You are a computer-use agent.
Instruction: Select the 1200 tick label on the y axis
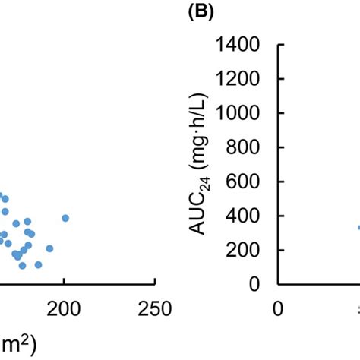click(x=239, y=79)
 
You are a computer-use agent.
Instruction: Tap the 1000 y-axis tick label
click(x=239, y=113)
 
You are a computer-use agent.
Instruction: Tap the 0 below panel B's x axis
click(x=279, y=309)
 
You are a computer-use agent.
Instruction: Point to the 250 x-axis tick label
click(x=155, y=309)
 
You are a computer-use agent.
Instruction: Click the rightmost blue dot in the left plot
click(x=65, y=218)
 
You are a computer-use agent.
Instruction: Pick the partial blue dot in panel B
click(x=358, y=227)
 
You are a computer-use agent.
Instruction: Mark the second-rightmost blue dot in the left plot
click(x=49, y=248)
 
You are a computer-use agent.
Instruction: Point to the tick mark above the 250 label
click(x=155, y=288)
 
